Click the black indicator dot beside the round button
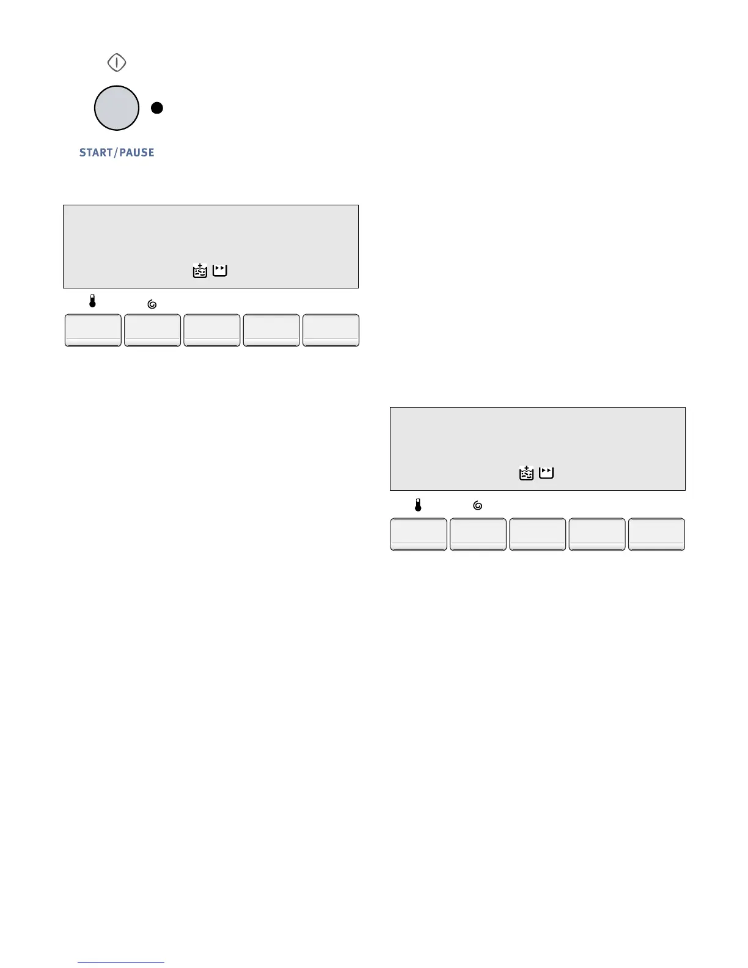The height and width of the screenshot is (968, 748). coord(157,108)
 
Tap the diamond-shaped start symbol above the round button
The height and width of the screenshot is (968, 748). coord(117,62)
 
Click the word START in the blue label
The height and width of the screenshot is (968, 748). coord(96,153)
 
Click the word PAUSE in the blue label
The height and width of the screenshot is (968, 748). coord(137,153)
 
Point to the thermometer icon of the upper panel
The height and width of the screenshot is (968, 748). coord(92,301)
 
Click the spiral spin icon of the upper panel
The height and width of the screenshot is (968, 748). coord(152,304)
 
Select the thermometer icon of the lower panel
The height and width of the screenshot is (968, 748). coord(418,505)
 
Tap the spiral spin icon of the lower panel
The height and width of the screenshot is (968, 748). coord(478,506)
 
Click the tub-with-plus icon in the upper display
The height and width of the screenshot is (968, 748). coord(200,271)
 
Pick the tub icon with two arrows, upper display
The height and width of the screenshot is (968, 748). coord(220,270)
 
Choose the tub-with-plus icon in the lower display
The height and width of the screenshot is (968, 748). coord(526,473)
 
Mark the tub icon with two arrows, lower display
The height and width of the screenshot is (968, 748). coord(546,472)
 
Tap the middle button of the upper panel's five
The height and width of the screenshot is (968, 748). coord(211,331)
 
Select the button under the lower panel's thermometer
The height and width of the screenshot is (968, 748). coord(419,534)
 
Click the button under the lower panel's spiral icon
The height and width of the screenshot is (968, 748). coord(478,534)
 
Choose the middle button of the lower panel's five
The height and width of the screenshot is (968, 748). coord(537,534)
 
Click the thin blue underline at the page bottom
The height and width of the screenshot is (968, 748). coord(122,963)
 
